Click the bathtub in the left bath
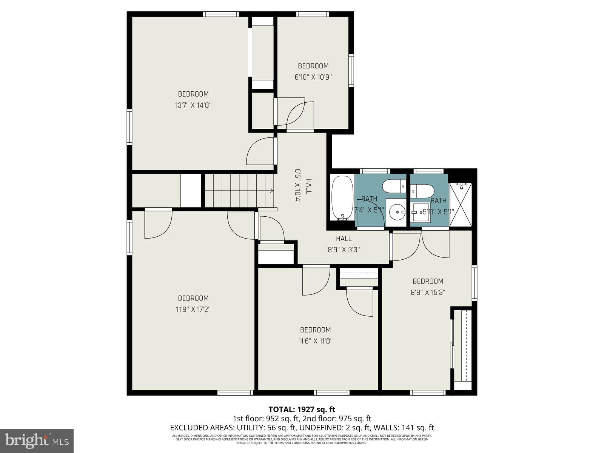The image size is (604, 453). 342,198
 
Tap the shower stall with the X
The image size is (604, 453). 461,205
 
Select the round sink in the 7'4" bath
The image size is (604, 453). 397,212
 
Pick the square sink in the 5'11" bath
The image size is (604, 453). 419,213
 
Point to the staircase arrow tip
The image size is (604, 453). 273,191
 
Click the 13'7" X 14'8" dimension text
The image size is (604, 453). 193,105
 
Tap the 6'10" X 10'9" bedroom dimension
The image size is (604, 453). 313,77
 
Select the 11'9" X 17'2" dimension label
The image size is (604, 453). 193,309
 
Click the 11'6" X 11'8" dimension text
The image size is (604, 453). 315,341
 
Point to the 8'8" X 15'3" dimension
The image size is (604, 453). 428,292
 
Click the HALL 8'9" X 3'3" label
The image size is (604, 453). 344,244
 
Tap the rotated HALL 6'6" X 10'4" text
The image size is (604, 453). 303,186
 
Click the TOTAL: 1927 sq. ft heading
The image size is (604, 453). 302,409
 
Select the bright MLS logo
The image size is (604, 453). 37,440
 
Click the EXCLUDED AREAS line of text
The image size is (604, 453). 302,428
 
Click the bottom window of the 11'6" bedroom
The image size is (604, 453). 331,393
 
